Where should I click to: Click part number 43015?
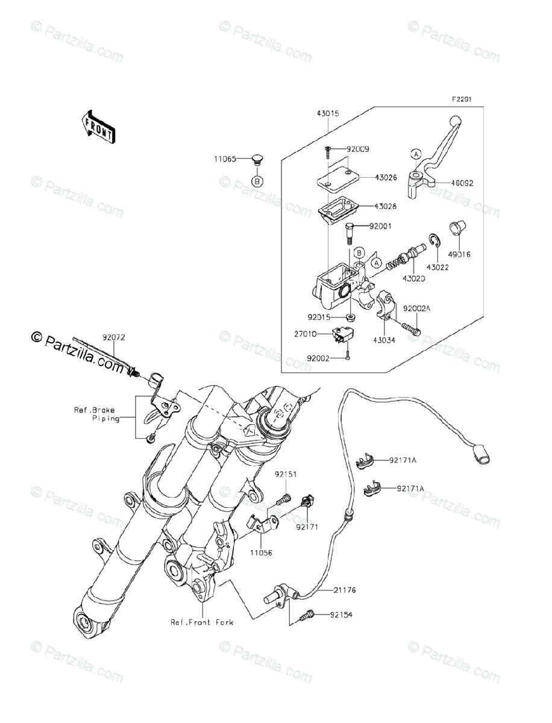[326, 113]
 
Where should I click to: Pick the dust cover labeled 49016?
[458, 231]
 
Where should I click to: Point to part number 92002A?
[418, 308]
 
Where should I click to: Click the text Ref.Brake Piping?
[96, 414]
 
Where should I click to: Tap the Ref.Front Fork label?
[201, 621]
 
